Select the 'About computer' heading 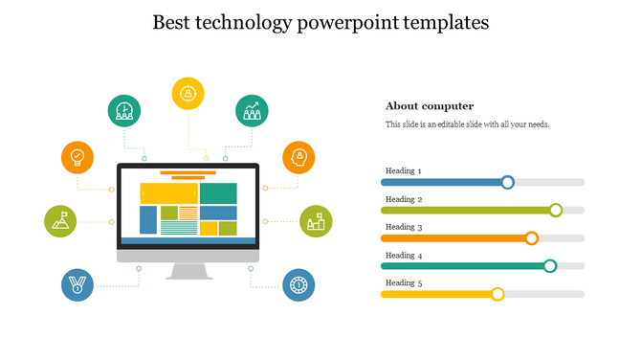pos(430,106)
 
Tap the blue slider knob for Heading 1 pos(508,182)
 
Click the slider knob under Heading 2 pos(555,210)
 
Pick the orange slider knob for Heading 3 pos(532,238)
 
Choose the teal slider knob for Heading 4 pos(550,266)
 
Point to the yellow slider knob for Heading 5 pos(497,294)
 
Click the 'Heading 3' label pos(403,227)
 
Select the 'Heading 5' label pos(403,282)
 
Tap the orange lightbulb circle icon pos(77,157)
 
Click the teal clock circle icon pos(123,111)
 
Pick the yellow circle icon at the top pos(188,93)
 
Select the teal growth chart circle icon pos(253,111)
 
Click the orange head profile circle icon pos(298,157)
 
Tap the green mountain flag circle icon pos(60,221)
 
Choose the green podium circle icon pos(316,221)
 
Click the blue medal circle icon pos(77,285)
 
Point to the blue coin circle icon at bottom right pos(298,285)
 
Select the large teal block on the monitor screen pos(218,192)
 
